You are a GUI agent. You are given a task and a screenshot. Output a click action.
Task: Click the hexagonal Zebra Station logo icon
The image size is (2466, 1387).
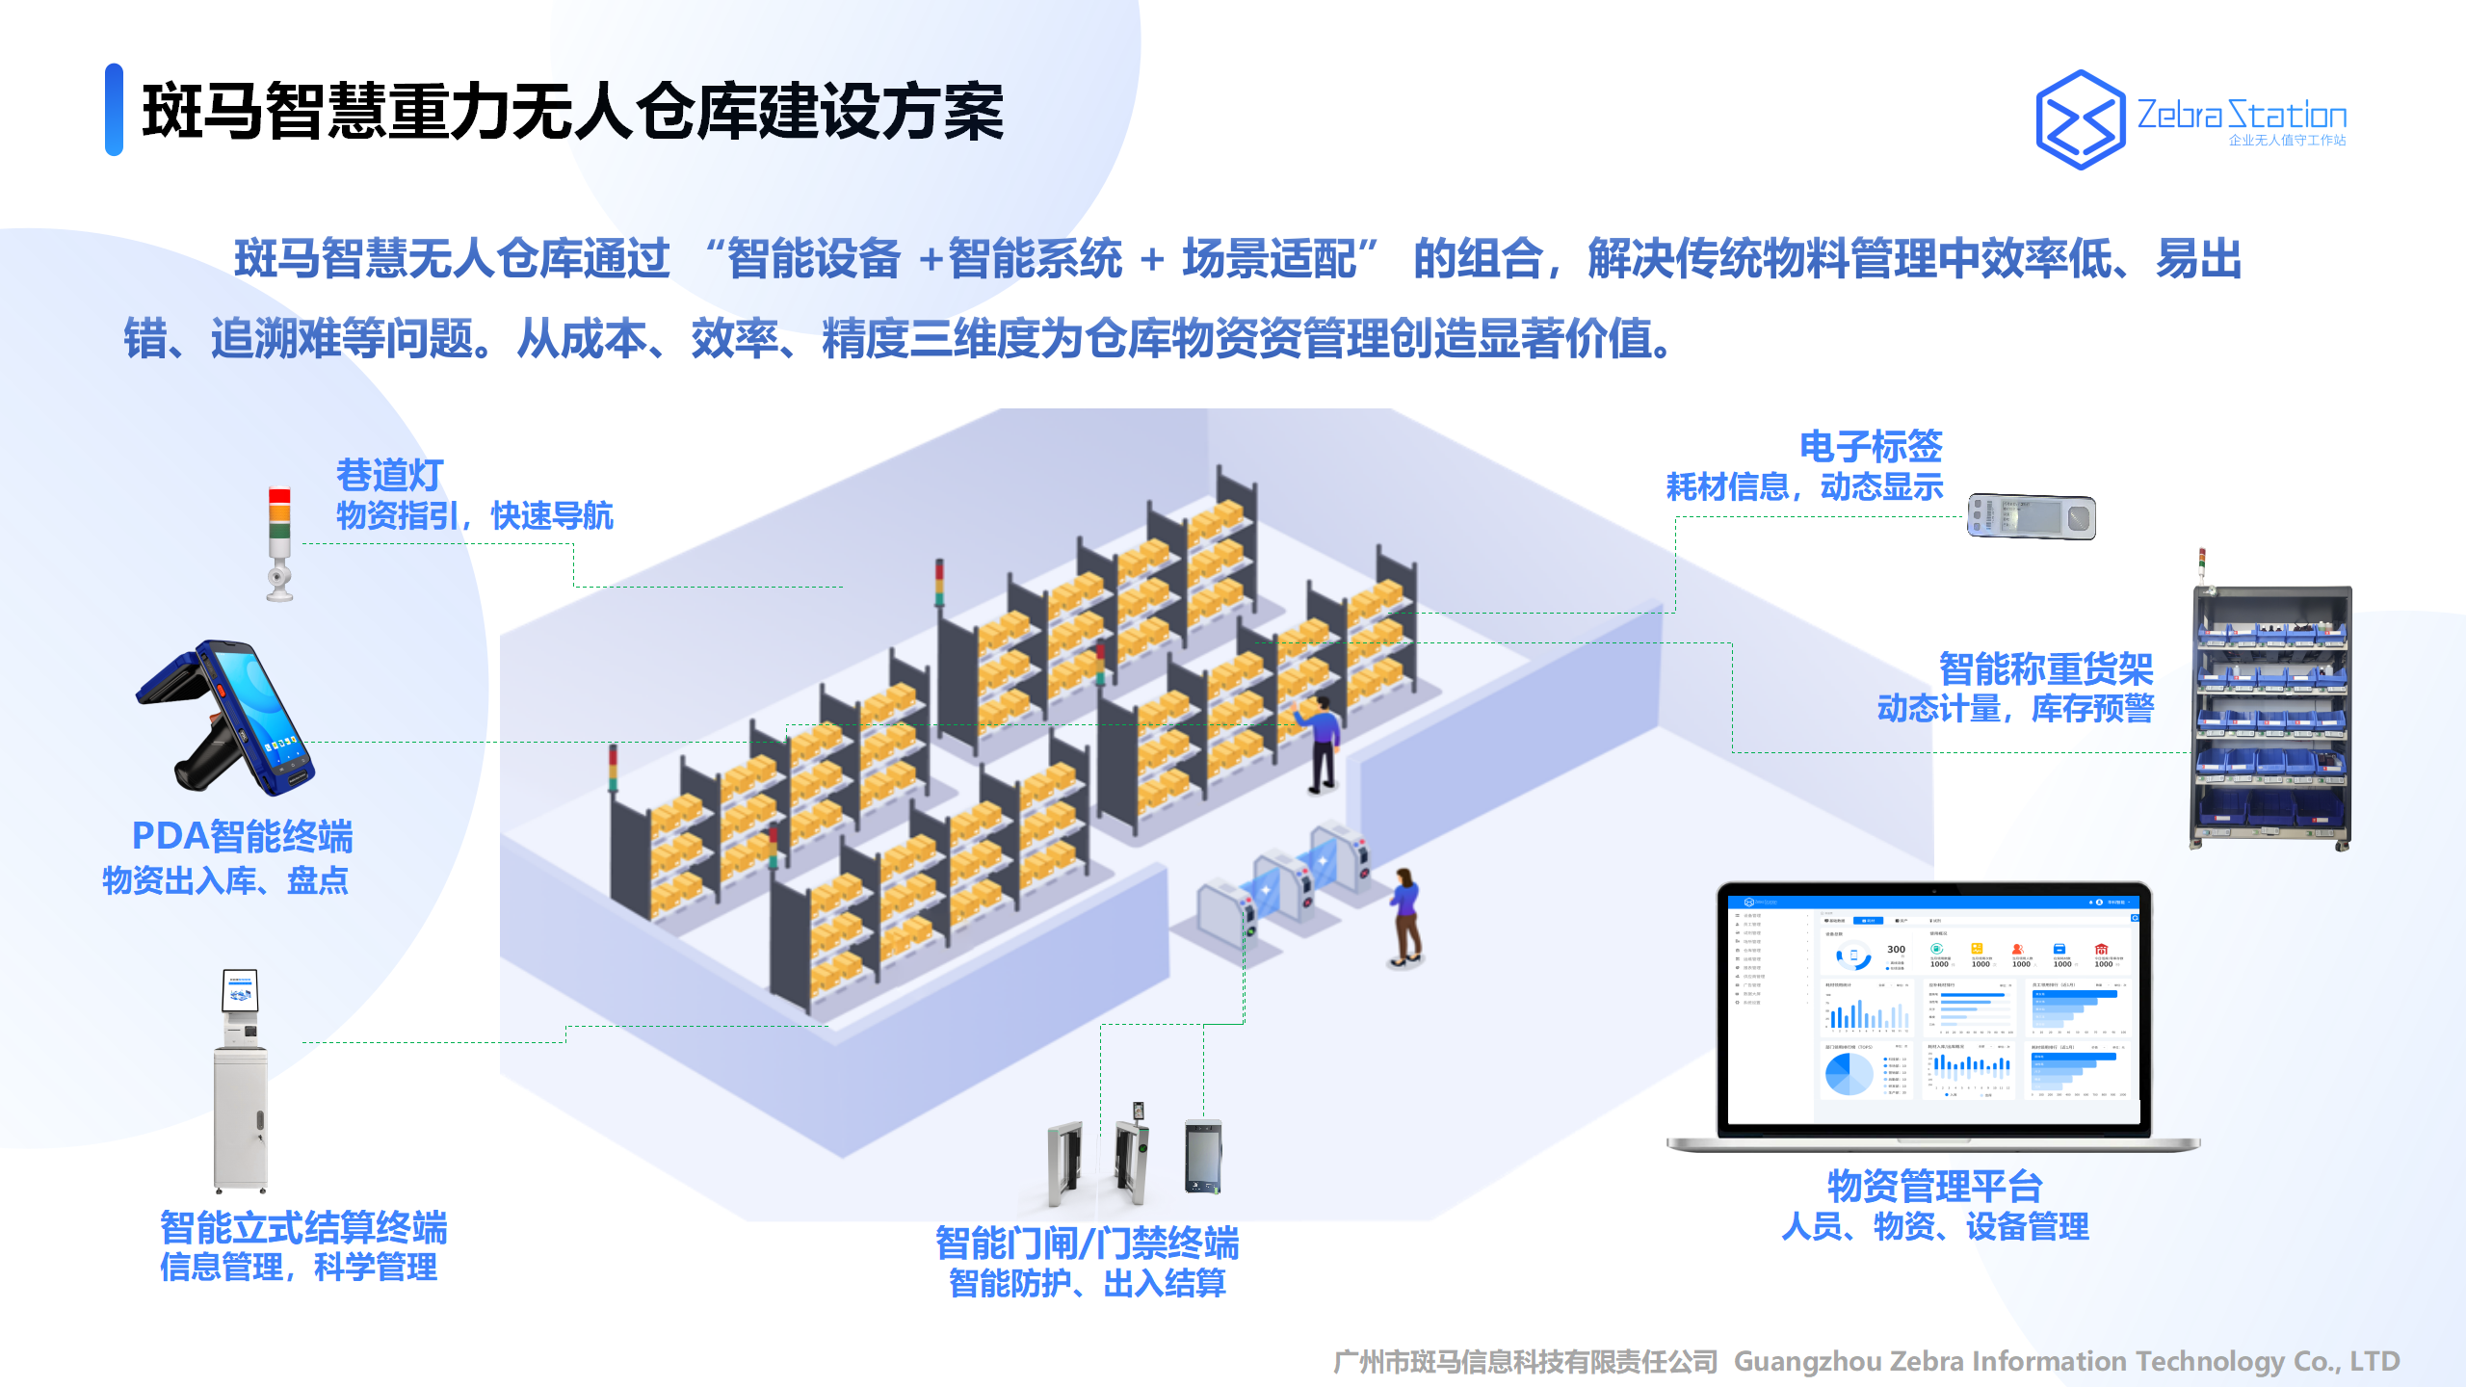[x=2080, y=119]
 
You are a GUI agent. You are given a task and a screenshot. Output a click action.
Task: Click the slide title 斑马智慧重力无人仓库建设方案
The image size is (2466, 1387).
[x=572, y=112]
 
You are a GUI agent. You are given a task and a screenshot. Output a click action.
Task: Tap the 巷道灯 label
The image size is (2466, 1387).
[x=389, y=475]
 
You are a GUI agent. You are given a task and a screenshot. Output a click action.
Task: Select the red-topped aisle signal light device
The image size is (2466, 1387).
[x=279, y=544]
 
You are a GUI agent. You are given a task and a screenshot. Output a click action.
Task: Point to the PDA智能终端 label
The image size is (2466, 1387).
[x=242, y=836]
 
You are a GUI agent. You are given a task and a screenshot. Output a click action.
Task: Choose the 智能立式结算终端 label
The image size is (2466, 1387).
[x=303, y=1228]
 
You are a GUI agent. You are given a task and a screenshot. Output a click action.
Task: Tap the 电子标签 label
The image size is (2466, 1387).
[x=1871, y=446]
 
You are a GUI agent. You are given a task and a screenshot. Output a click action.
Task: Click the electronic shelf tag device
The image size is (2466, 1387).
[x=2031, y=516]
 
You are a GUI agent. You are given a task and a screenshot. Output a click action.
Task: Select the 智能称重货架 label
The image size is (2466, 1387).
[x=2045, y=667]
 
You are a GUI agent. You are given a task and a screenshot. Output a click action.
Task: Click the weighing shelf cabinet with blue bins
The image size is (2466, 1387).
[x=2271, y=718]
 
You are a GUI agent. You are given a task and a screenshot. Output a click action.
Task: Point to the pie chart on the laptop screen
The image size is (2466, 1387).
[x=1849, y=1073]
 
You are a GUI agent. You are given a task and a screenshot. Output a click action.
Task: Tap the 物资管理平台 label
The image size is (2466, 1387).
[x=1934, y=1186]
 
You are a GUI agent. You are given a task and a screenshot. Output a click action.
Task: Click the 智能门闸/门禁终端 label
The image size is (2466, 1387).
[x=1087, y=1243]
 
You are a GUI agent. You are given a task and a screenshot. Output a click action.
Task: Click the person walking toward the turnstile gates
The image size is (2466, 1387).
[x=1405, y=916]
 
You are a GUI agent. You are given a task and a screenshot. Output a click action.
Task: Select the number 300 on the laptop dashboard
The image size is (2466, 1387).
[x=1896, y=950]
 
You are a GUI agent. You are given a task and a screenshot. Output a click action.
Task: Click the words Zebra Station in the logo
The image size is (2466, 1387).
[x=2242, y=116]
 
